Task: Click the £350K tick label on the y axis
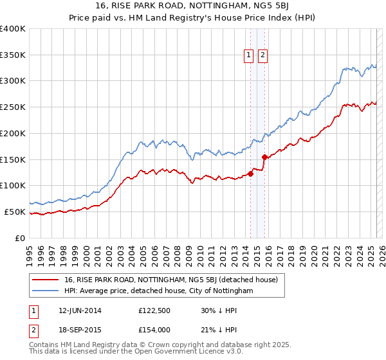(x=13, y=55)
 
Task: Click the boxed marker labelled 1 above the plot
(x=248, y=56)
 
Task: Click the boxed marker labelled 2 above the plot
(x=263, y=56)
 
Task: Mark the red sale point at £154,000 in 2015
(x=264, y=157)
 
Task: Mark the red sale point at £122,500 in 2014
(x=250, y=174)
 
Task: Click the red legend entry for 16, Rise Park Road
(x=170, y=280)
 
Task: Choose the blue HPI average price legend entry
(x=158, y=291)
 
